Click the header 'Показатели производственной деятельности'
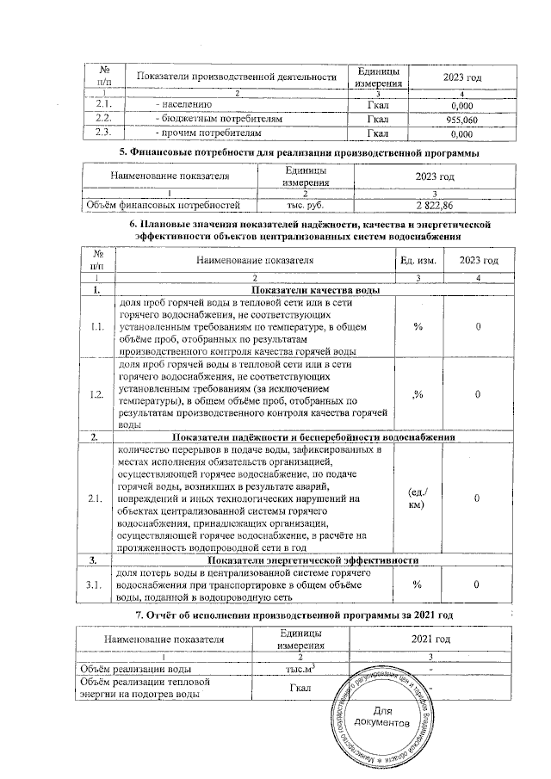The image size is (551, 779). tap(235, 77)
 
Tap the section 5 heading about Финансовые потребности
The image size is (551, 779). tap(298, 153)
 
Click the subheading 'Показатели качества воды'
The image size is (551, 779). tap(298, 290)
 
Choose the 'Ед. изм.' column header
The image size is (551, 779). tap(416, 261)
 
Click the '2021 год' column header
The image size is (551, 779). tap(428, 640)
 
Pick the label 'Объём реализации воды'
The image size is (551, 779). tap(142, 668)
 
